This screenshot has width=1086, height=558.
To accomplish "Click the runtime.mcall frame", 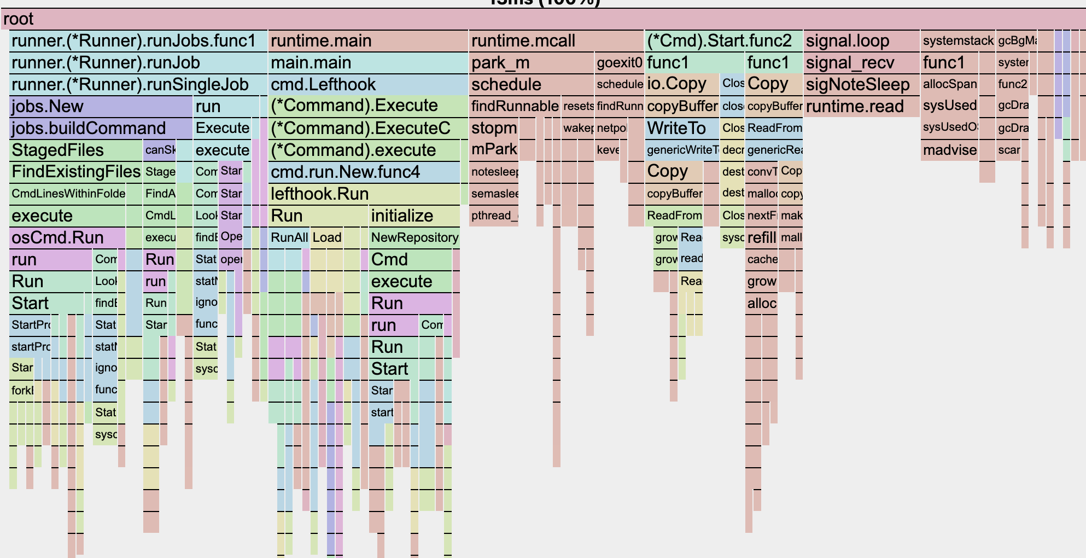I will click(556, 41).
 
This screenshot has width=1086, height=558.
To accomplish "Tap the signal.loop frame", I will click(861, 41).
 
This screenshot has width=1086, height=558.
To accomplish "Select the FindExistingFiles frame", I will click(76, 172).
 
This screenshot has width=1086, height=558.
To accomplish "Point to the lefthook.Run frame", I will click(364, 194).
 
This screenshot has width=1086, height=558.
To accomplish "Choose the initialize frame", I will click(414, 216).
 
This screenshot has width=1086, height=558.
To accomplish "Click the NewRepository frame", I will click(414, 237).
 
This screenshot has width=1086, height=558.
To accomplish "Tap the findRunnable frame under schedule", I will click(515, 106).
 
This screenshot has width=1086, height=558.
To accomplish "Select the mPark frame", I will click(494, 149).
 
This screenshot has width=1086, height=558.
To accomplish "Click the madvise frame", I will click(949, 150).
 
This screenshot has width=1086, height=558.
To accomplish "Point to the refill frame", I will click(761, 237).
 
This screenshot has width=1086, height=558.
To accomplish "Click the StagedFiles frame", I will click(76, 150).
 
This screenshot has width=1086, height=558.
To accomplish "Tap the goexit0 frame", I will click(619, 63).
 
